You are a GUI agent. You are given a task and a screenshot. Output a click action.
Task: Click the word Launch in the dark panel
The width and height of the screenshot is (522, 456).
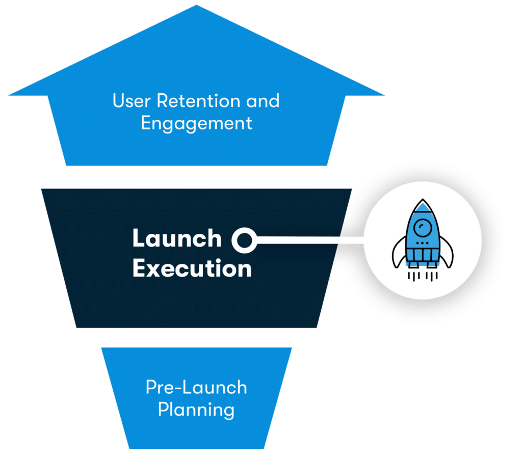pos(176,238)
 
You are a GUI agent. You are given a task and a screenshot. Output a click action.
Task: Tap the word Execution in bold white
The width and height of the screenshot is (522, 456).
pos(192,269)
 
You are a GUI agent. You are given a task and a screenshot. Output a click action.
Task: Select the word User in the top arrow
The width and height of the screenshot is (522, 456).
pos(132,100)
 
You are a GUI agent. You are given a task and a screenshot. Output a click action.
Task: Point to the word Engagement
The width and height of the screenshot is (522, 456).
pos(196,123)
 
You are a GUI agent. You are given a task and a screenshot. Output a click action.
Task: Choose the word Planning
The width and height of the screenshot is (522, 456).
pos(196,410)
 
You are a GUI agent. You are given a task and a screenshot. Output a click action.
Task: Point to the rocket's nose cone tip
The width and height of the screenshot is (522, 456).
pos(422,202)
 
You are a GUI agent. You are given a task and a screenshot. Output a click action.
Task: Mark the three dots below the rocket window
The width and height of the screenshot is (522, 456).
pos(422,244)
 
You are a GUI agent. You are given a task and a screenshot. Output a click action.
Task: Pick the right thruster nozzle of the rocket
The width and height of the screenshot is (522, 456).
pos(432,264)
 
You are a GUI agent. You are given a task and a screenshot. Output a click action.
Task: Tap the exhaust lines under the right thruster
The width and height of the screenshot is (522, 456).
pos(432,276)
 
